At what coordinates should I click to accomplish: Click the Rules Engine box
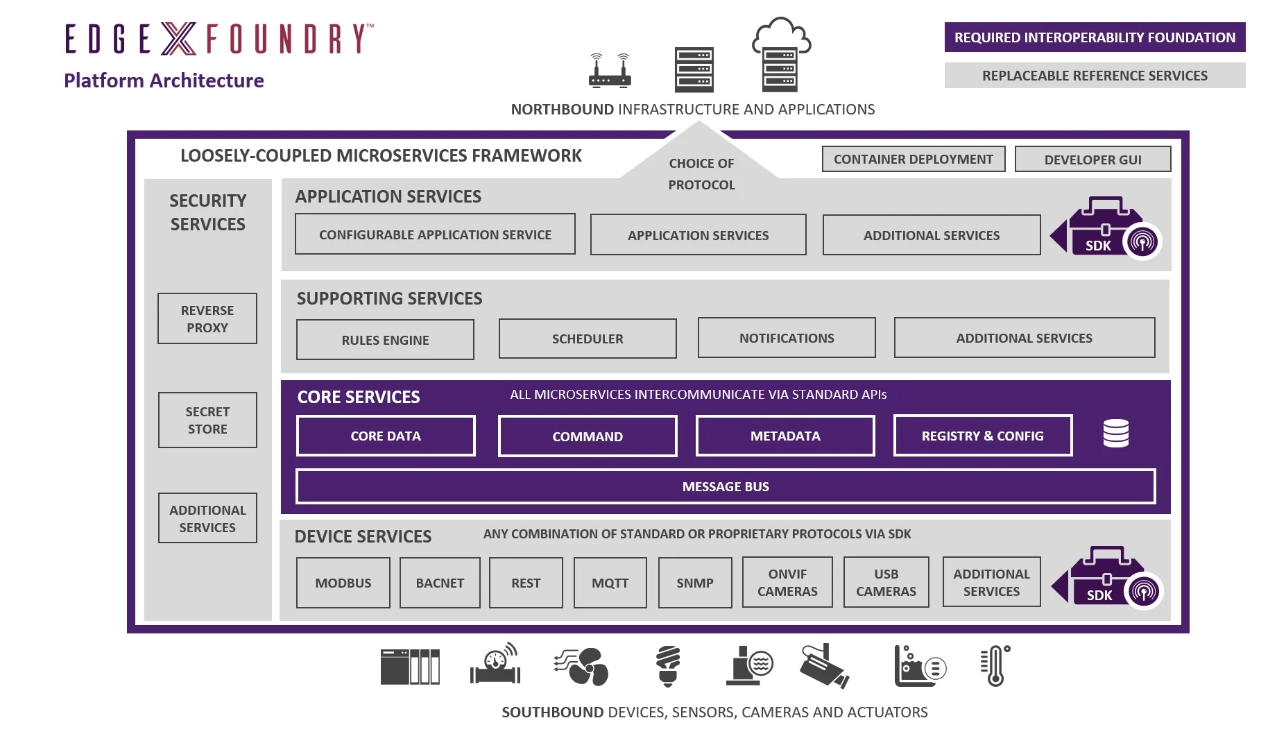click(x=385, y=340)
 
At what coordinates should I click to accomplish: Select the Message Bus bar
click(x=726, y=486)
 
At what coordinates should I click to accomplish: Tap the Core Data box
click(x=386, y=436)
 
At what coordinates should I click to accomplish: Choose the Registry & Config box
click(x=982, y=436)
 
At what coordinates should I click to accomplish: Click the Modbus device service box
click(x=343, y=583)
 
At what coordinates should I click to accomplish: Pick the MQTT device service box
click(x=610, y=583)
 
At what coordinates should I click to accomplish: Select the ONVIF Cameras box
click(x=787, y=582)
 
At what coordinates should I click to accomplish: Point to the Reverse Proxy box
click(x=207, y=318)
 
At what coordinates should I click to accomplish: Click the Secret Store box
click(x=207, y=420)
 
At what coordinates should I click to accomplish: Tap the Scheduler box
click(x=588, y=339)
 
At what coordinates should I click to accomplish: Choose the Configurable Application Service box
click(x=435, y=234)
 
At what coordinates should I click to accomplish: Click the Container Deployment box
click(x=913, y=159)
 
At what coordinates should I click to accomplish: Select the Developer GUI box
click(x=1092, y=160)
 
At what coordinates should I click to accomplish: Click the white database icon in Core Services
click(x=1115, y=434)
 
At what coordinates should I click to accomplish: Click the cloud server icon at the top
click(x=781, y=56)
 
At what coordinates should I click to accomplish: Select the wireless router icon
click(x=610, y=71)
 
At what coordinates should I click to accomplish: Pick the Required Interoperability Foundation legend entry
click(x=1095, y=37)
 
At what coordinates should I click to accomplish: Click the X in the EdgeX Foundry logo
click(x=179, y=38)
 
